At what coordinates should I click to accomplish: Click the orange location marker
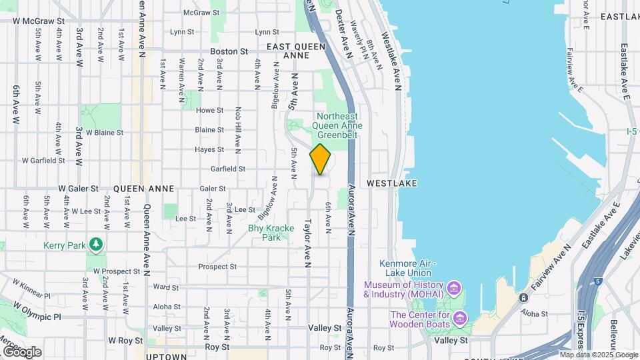(321, 159)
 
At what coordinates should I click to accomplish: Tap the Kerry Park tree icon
(97, 245)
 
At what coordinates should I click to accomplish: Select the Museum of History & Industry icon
(454, 288)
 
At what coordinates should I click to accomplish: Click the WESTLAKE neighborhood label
(392, 183)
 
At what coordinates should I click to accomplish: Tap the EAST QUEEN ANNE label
(296, 51)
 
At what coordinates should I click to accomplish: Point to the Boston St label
(229, 51)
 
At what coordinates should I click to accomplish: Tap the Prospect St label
(217, 267)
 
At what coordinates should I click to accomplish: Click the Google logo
(21, 351)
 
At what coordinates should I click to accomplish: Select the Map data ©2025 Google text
(598, 355)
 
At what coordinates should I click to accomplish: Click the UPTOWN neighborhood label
(166, 356)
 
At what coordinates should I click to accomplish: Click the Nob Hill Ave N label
(238, 127)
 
